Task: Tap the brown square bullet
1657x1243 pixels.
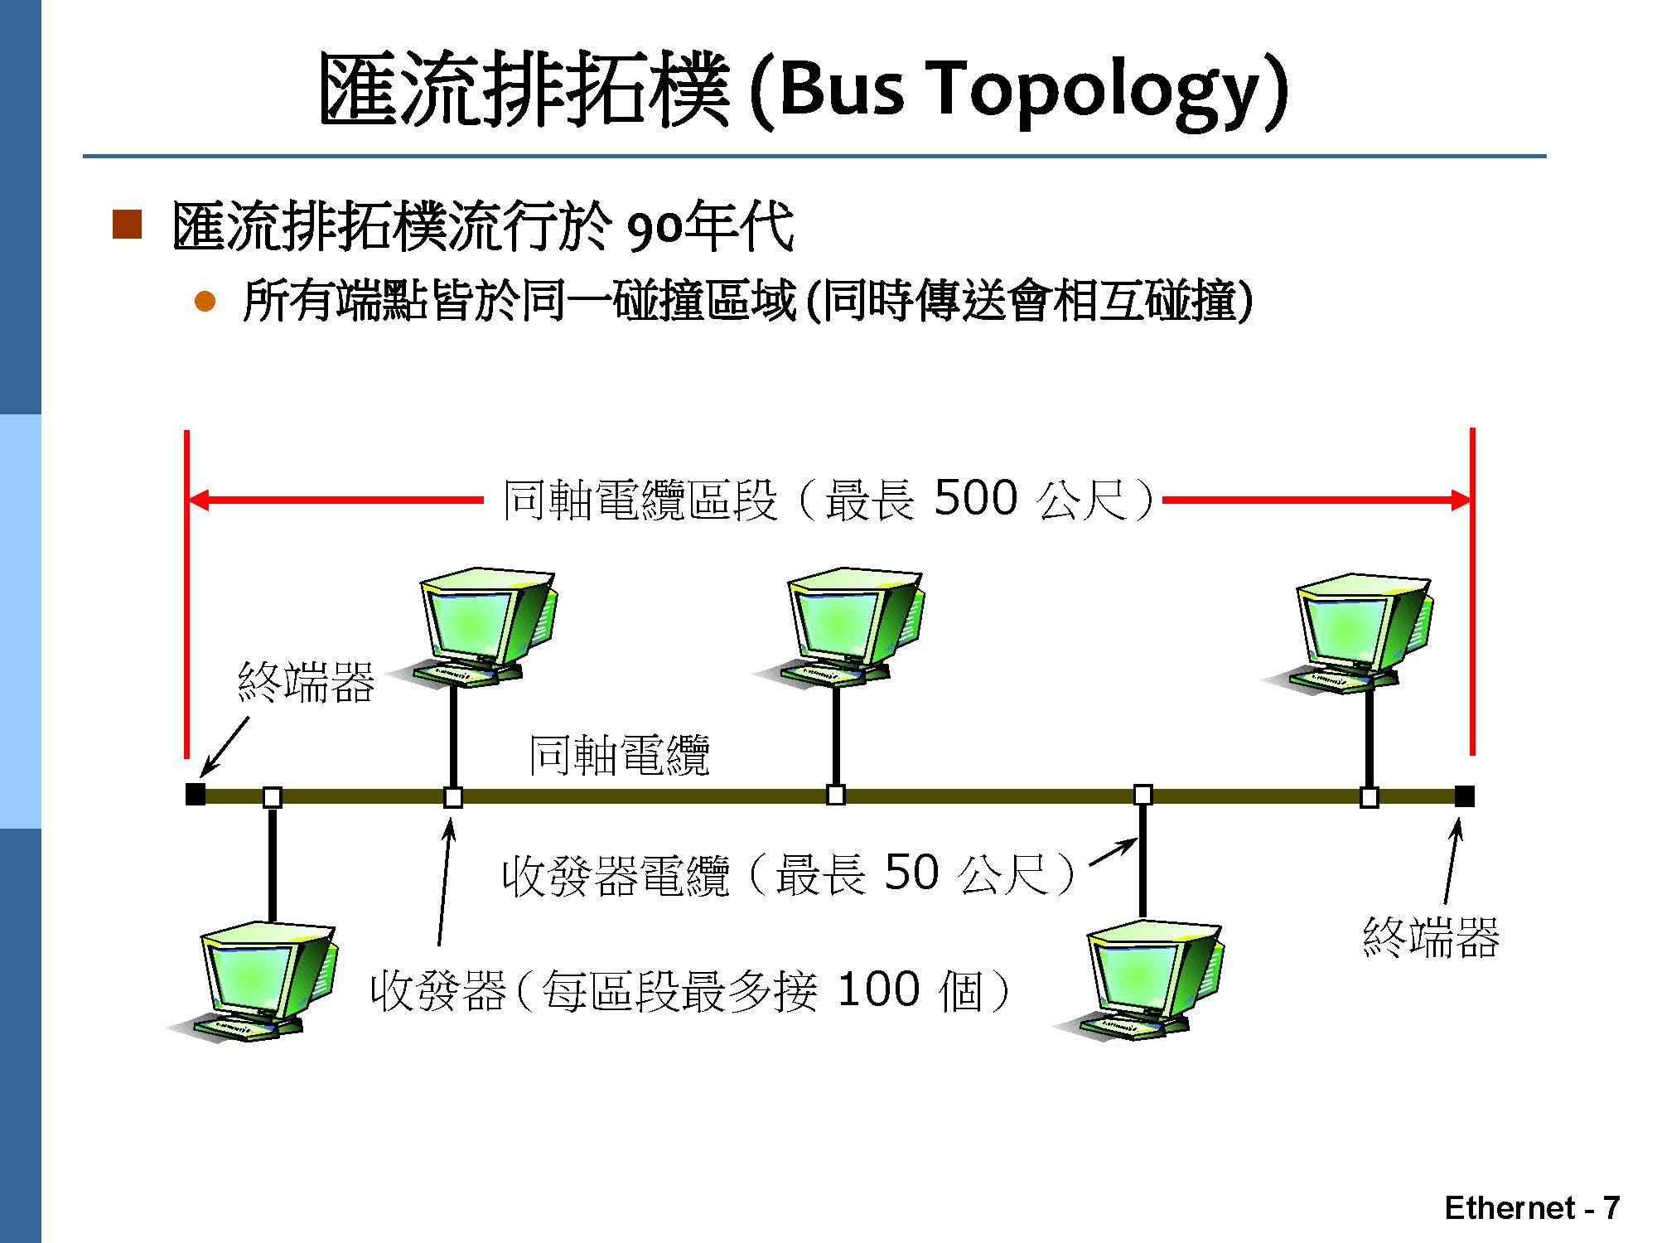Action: pos(127,224)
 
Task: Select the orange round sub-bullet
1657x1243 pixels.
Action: pos(205,301)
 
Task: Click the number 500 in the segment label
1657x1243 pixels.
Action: pos(975,498)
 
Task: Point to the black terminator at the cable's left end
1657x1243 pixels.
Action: pos(196,794)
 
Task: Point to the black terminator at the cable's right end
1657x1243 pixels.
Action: pos(1464,796)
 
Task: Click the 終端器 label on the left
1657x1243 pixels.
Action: pos(307,683)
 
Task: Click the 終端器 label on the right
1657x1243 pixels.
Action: pos(1431,938)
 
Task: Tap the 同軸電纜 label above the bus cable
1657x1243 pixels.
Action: pos(620,755)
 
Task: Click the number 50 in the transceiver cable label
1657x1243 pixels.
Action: pos(911,873)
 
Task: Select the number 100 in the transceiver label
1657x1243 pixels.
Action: pos(878,989)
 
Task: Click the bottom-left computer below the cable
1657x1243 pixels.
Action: pos(253,982)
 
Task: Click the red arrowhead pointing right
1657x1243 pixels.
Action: pos(1460,500)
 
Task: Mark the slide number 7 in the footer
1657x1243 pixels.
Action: pos(1611,1208)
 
